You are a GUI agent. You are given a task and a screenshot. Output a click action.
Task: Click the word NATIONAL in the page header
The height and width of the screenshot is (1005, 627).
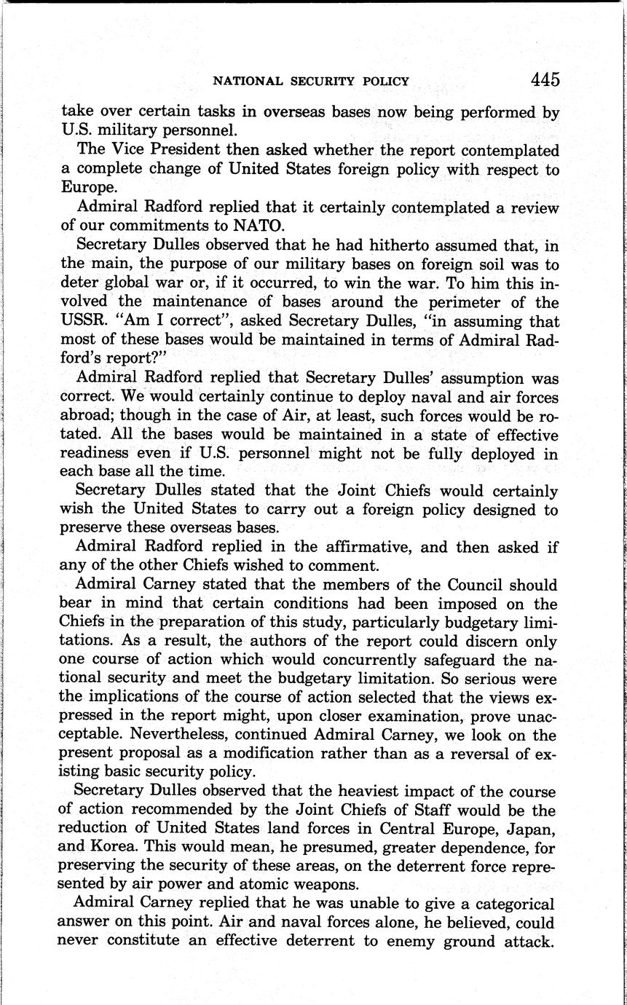click(x=244, y=81)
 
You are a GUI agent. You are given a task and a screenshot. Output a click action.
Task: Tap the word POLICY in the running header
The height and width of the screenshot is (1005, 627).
click(x=384, y=81)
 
